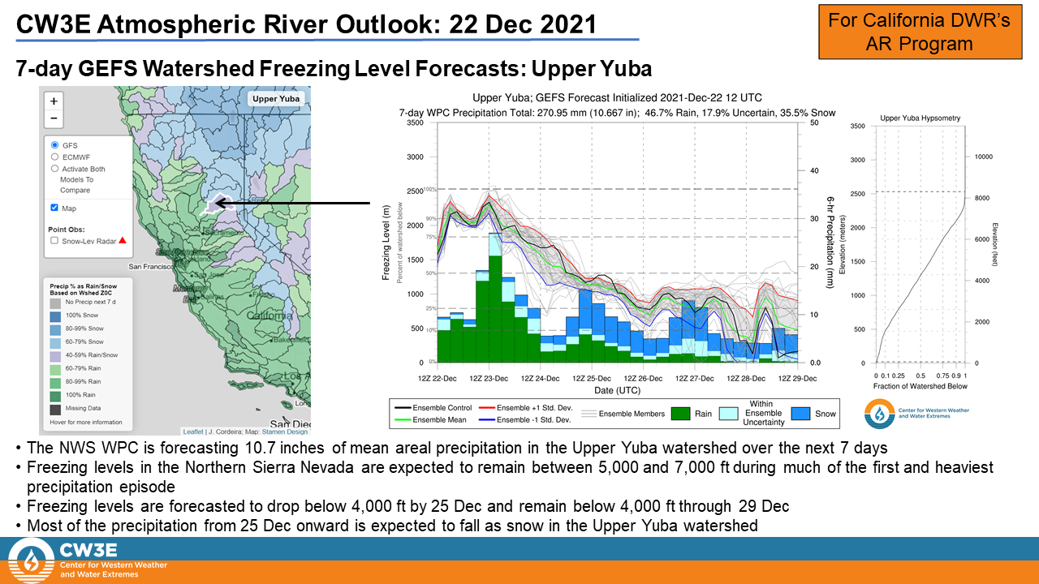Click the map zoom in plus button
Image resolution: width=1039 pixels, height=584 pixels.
pyautogui.click(x=54, y=101)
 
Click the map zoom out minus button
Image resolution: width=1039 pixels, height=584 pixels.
pyautogui.click(x=54, y=118)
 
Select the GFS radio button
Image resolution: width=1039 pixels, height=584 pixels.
pyautogui.click(x=54, y=145)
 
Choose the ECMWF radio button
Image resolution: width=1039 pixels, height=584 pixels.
pyautogui.click(x=54, y=157)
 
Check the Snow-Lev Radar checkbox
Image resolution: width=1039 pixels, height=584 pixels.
pyautogui.click(x=54, y=240)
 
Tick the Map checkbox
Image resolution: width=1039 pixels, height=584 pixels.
pyautogui.click(x=54, y=208)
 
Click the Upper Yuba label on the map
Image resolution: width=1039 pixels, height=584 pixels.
pyautogui.click(x=276, y=99)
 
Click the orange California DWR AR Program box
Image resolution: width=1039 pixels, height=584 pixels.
pyautogui.click(x=919, y=31)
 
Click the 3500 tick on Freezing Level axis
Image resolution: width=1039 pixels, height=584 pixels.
pyautogui.click(x=414, y=122)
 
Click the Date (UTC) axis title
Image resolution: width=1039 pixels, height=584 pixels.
pyautogui.click(x=617, y=391)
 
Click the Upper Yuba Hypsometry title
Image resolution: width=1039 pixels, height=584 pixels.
pyautogui.click(x=920, y=118)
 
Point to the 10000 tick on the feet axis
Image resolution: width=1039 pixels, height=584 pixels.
pyautogui.click(x=984, y=157)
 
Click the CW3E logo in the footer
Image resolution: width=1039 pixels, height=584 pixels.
pyautogui.click(x=31, y=560)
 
